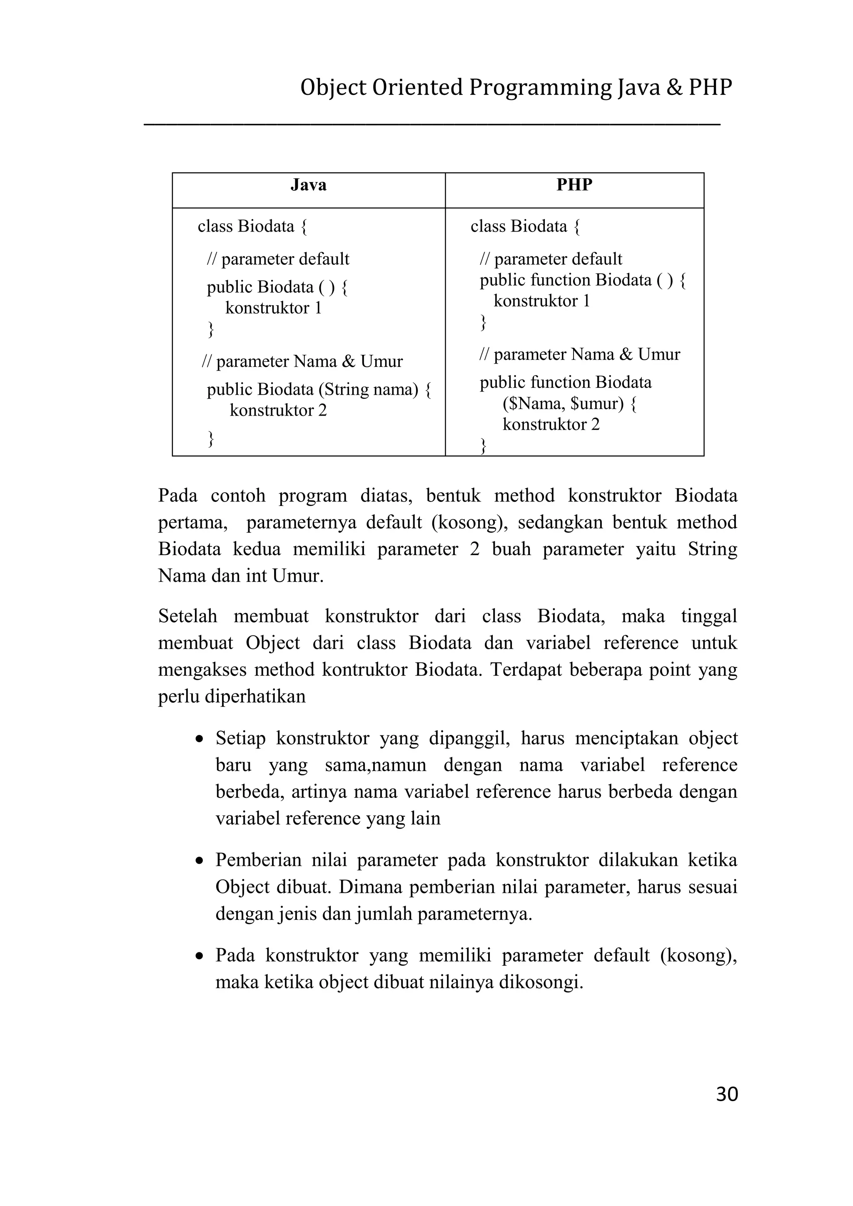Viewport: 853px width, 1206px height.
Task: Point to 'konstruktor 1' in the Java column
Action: pyautogui.click(x=273, y=308)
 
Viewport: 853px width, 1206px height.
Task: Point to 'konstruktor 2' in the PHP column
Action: pyautogui.click(x=551, y=424)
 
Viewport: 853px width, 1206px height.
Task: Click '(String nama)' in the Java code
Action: pyautogui.click(x=369, y=389)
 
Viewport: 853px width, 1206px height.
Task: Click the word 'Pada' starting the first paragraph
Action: pyautogui.click(x=177, y=495)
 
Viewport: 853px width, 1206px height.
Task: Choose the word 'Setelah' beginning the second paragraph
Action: pyautogui.click(x=187, y=615)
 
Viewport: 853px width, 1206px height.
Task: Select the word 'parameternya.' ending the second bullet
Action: pyautogui.click(x=475, y=914)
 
